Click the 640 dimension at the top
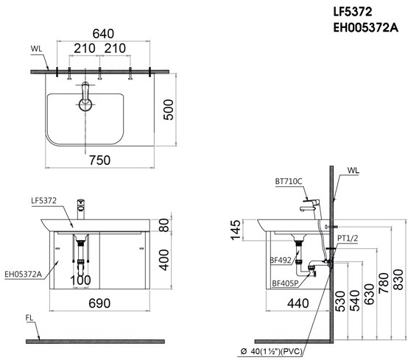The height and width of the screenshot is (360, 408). point(103,34)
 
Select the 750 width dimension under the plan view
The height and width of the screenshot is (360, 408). point(99,160)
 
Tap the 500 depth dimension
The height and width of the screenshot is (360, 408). point(169,110)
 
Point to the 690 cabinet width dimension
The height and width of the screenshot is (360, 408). point(99,303)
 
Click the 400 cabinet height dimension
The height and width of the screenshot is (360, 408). point(164,260)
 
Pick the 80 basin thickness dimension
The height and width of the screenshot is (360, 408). point(164,225)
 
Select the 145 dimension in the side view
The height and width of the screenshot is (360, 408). point(235,230)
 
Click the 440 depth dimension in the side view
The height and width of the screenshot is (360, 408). point(298,303)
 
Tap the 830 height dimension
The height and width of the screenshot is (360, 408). point(398,280)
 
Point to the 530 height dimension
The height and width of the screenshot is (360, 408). point(340,301)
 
